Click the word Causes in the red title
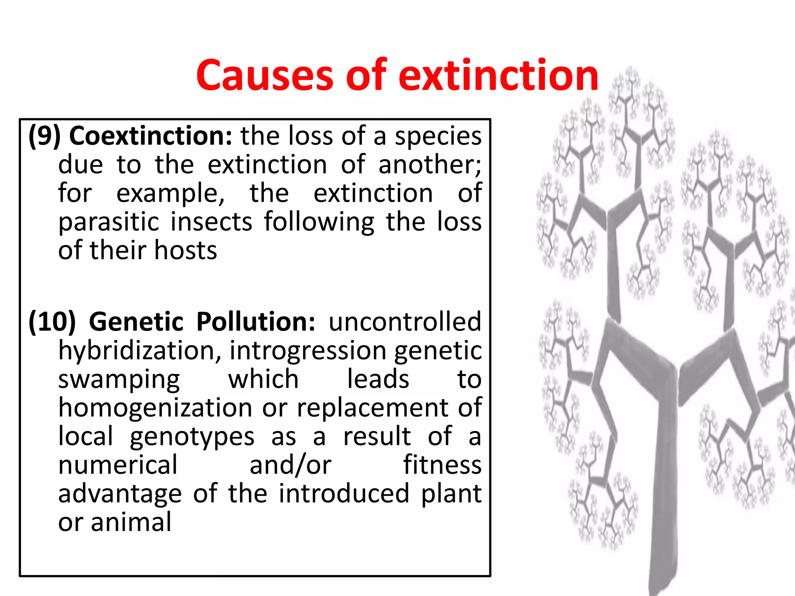click(265, 75)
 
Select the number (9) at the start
click(45, 136)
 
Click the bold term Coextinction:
click(151, 136)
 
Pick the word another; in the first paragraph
click(430, 165)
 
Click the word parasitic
click(109, 222)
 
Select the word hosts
click(186, 250)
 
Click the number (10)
click(52, 322)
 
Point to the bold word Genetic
click(136, 322)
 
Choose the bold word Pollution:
click(256, 322)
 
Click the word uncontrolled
click(405, 322)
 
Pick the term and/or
click(290, 465)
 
